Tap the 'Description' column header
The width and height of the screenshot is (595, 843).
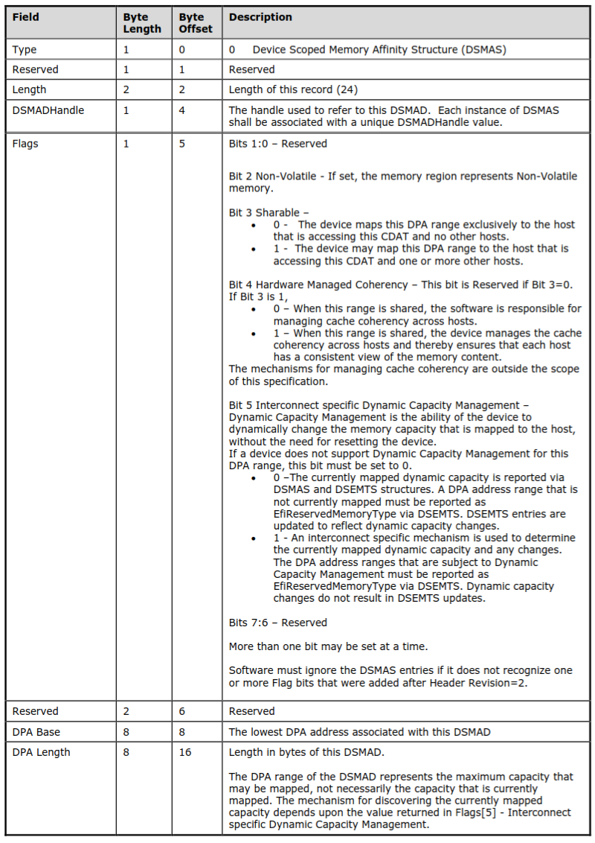point(260,17)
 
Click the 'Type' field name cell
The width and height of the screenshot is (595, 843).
point(25,50)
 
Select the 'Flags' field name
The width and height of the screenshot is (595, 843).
point(25,144)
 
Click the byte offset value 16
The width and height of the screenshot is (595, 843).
point(185,752)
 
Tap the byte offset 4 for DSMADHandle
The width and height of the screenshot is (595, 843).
point(182,110)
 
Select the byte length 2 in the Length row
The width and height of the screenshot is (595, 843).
point(126,89)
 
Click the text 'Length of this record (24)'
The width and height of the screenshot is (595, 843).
point(293,89)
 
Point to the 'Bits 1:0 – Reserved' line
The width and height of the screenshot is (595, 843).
point(277,144)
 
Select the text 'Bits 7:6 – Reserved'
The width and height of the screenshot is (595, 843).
point(277,622)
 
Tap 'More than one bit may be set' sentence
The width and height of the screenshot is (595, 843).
point(328,646)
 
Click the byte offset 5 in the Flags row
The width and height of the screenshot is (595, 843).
point(182,144)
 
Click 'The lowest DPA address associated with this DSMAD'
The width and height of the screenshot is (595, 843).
point(359,732)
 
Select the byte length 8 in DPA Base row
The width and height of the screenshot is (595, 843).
point(126,732)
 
